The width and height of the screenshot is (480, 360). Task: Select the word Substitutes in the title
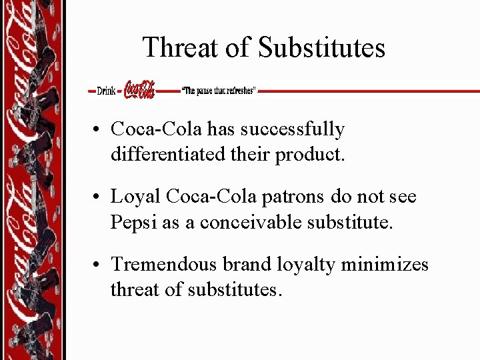(321, 48)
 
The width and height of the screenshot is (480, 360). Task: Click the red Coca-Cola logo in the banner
(139, 90)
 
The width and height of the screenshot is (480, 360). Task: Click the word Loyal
(135, 197)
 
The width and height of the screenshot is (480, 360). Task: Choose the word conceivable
(257, 222)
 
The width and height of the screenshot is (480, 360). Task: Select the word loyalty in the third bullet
(305, 265)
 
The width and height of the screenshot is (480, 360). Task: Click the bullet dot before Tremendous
(97, 265)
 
